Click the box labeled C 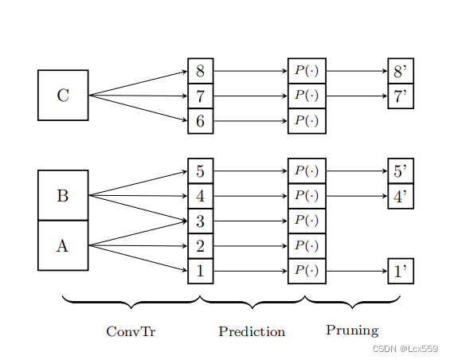[63, 96]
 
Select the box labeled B [63, 195]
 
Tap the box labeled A [63, 245]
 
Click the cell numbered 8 [200, 71]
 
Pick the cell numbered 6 [200, 121]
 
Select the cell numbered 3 [200, 221]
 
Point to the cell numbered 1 [200, 271]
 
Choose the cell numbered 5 [200, 170]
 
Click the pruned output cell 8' [400, 71]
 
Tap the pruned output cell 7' [400, 96]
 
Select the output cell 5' [400, 170]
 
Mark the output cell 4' [400, 196]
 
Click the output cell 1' [400, 271]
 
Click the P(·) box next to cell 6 [307, 121]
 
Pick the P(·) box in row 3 [307, 221]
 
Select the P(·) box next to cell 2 [307, 246]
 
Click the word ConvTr [131, 331]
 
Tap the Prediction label [252, 331]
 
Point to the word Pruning [352, 330]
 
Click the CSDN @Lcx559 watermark [405, 349]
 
